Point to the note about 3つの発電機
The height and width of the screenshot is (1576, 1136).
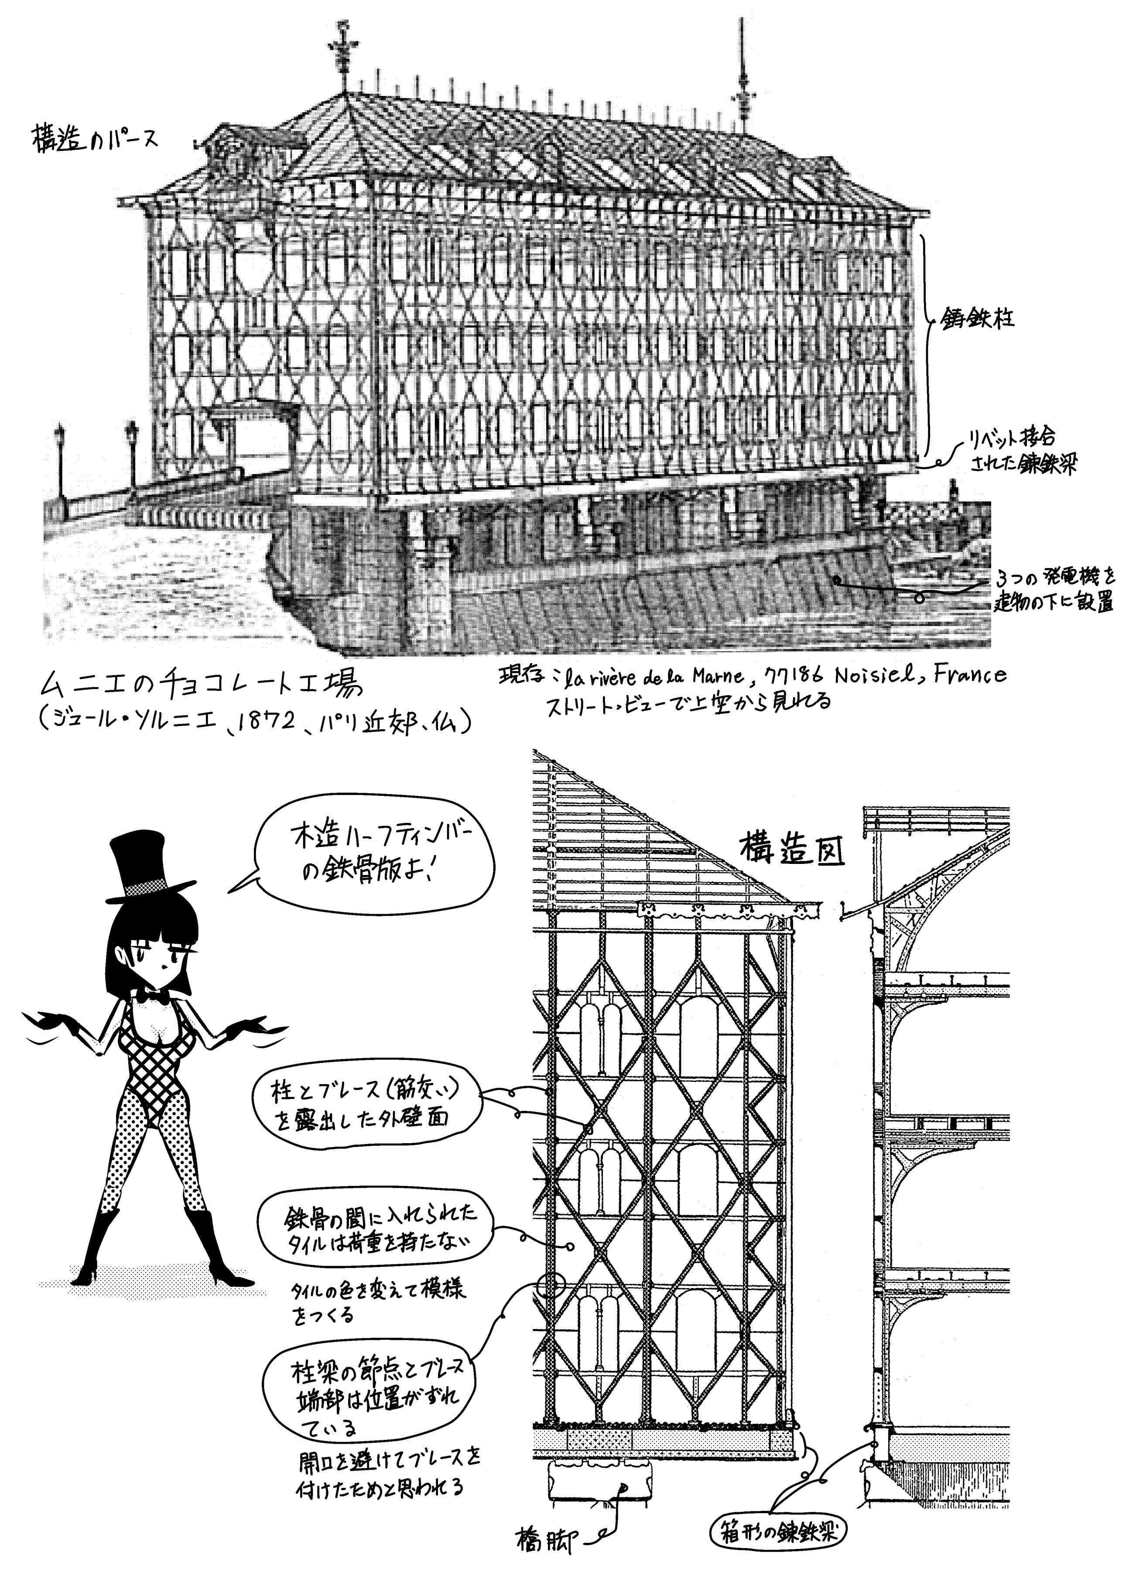(1055, 589)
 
